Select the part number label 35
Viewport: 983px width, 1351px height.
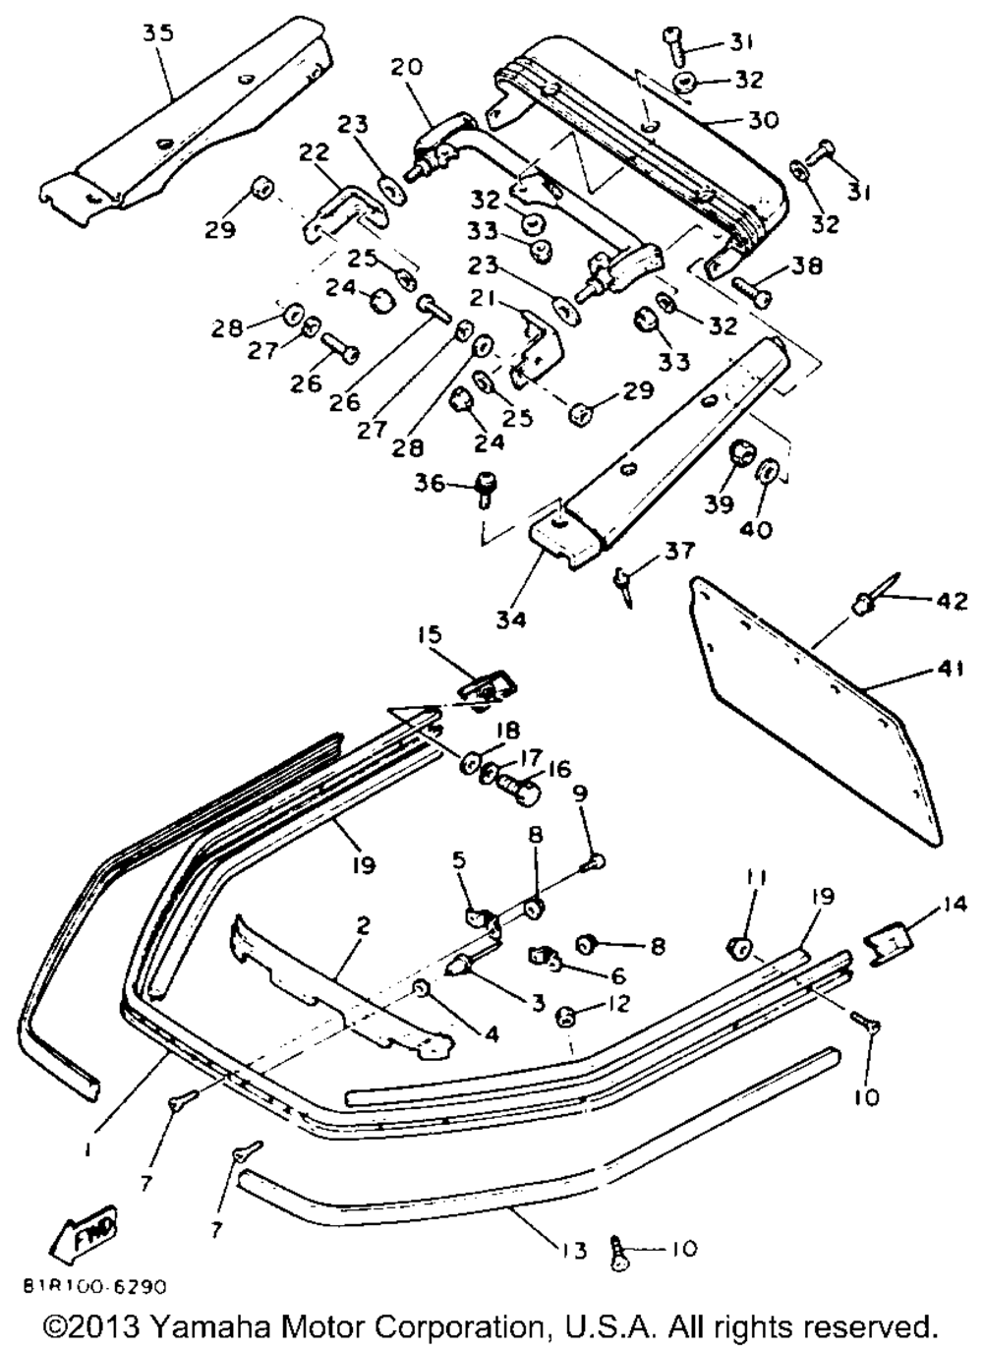coord(158,32)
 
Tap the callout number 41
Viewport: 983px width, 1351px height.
coord(944,669)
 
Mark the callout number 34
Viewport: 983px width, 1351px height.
coord(511,619)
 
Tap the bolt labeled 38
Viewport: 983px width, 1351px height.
coord(753,290)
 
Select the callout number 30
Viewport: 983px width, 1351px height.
coord(763,120)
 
